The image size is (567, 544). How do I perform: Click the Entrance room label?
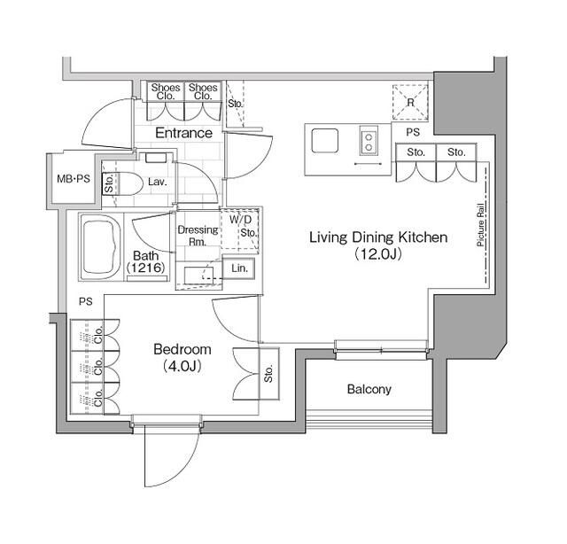[183, 134]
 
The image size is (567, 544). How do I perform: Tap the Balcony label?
[369, 390]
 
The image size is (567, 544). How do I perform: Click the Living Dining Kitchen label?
[377, 237]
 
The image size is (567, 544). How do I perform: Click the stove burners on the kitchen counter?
[369, 140]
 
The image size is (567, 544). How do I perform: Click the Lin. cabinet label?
[239, 268]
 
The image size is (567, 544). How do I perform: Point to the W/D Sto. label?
[245, 226]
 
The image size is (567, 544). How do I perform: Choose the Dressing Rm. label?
[197, 236]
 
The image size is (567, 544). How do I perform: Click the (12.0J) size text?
[377, 254]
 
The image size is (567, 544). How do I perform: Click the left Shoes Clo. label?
[166, 92]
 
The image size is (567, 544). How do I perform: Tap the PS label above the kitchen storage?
[413, 132]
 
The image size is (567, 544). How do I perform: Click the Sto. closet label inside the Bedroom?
[268, 376]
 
